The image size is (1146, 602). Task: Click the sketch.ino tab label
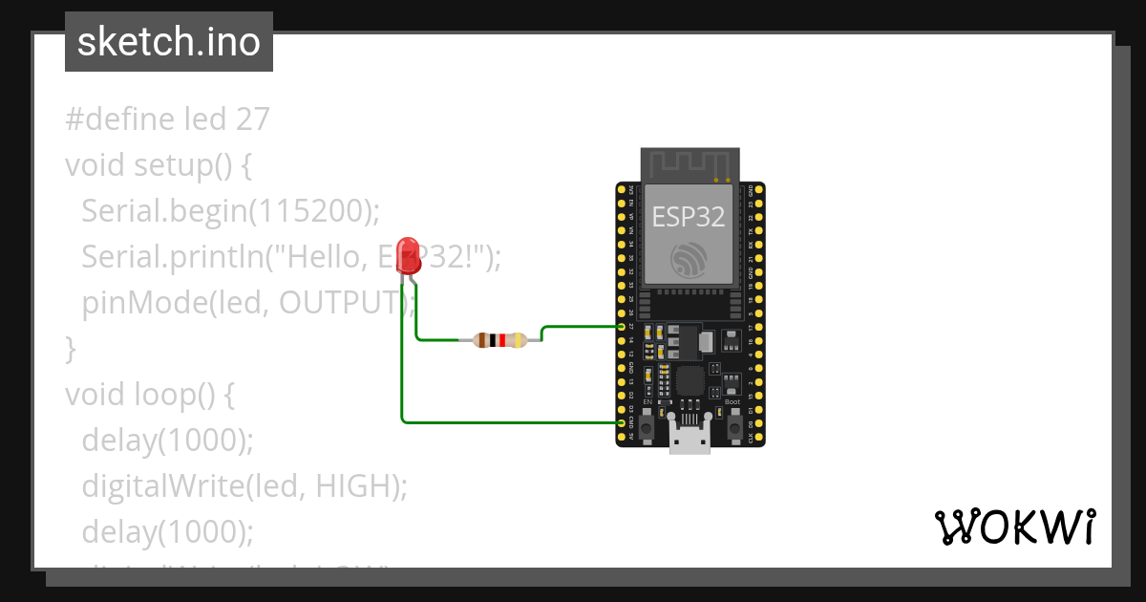pyautogui.click(x=169, y=42)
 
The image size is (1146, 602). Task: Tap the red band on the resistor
pyautogui.click(x=502, y=339)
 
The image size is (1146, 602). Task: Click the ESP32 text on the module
pyautogui.click(x=688, y=216)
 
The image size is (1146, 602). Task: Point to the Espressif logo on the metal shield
pyautogui.click(x=689, y=259)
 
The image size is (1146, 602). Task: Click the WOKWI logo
pyautogui.click(x=1014, y=527)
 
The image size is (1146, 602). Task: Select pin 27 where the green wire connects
pyautogui.click(x=622, y=327)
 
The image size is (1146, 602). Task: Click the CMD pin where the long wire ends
pyautogui.click(x=622, y=422)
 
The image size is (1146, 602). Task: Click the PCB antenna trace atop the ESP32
pyautogui.click(x=690, y=163)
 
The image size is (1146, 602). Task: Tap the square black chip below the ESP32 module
pyautogui.click(x=689, y=382)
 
